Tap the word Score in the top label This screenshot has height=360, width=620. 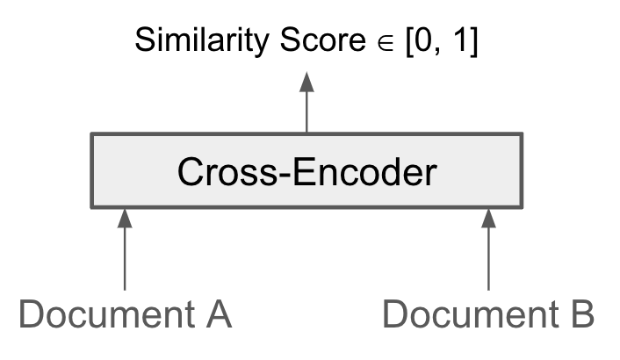pyautogui.click(x=306, y=41)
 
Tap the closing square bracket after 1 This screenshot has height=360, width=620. pyautogui.click(x=472, y=42)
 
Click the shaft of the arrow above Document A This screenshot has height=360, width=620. pyautogui.click(x=125, y=259)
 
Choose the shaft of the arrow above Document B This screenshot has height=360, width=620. pyautogui.click(x=488, y=259)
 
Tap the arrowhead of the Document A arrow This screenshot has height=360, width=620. pyautogui.click(x=125, y=218)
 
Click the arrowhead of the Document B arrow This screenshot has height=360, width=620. pyautogui.click(x=488, y=218)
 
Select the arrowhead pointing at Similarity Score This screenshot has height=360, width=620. pyautogui.click(x=306, y=82)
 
